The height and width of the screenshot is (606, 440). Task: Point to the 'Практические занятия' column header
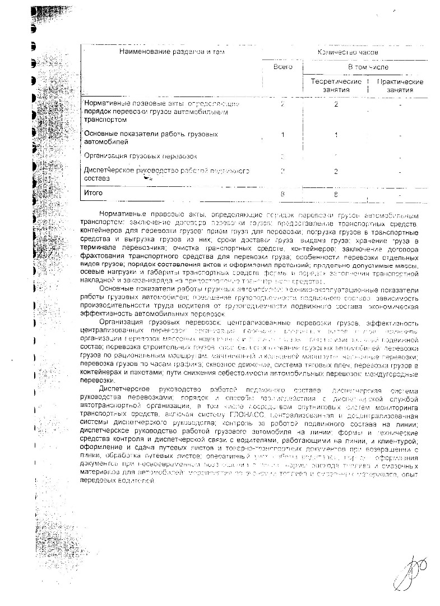[x=400, y=86]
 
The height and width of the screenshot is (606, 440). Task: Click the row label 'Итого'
[x=93, y=192]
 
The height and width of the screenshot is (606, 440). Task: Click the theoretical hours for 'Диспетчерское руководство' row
[x=336, y=171]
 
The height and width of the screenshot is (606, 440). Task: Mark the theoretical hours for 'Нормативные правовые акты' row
[x=336, y=104]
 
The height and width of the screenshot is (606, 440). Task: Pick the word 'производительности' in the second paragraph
[x=115, y=306]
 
